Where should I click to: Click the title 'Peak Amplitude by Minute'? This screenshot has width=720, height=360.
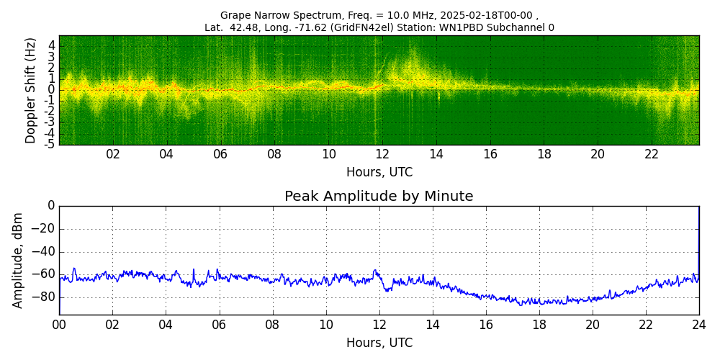[379, 197]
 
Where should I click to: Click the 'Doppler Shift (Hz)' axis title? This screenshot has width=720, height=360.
[31, 91]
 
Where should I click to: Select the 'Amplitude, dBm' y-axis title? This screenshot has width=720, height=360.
[18, 260]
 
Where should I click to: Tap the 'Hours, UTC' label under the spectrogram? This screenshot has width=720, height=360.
[379, 173]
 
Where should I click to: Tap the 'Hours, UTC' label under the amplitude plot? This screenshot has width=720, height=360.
[379, 343]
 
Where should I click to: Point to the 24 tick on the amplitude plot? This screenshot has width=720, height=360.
[698, 325]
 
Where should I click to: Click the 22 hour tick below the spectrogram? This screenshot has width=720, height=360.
[652, 155]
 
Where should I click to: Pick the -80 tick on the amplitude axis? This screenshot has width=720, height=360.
[45, 297]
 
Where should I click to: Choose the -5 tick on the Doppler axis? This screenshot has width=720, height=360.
[50, 144]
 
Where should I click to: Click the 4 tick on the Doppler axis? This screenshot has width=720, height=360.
[52, 45]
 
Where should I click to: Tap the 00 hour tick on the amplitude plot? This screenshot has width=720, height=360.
[59, 325]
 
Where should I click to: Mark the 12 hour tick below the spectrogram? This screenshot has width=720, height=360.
[382, 155]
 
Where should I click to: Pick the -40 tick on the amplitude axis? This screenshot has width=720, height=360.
[45, 251]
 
